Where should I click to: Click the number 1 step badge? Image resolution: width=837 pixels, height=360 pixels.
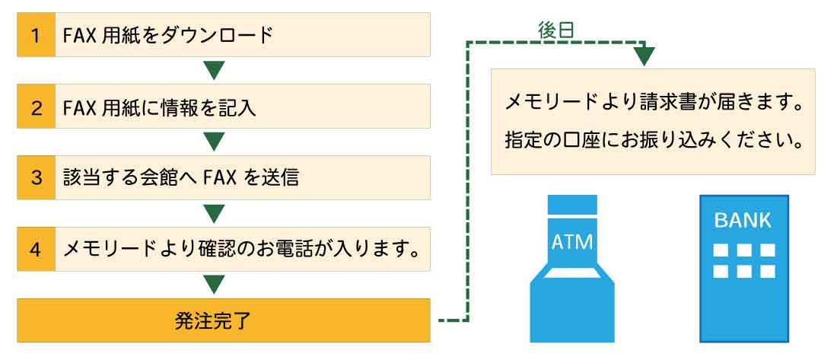(x=36, y=35)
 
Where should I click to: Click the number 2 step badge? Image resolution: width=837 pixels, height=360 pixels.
(x=36, y=107)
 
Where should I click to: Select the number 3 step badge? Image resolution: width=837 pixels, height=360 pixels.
(x=36, y=178)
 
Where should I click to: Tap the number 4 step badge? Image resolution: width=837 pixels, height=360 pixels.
(x=36, y=250)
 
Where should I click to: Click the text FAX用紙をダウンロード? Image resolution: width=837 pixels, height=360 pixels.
(x=168, y=36)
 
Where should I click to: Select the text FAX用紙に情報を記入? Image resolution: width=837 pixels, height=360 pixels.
(x=160, y=107)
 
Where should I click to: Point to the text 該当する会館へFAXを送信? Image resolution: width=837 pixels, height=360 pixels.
(x=180, y=178)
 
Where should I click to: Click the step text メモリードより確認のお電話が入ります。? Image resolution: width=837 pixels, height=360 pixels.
(x=240, y=250)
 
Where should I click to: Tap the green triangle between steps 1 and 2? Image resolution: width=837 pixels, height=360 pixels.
(x=214, y=69)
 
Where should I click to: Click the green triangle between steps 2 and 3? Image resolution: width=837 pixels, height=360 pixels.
(x=214, y=141)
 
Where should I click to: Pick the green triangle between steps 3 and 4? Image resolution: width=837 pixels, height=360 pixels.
(x=214, y=212)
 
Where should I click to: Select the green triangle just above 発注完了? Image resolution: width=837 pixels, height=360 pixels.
(x=214, y=284)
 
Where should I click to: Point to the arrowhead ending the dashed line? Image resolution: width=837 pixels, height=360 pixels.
(x=644, y=56)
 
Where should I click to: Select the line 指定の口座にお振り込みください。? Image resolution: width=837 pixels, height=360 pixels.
(x=654, y=141)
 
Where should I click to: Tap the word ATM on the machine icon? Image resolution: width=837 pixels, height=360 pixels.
(x=571, y=242)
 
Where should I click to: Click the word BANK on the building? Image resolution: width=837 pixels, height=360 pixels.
(x=743, y=221)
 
